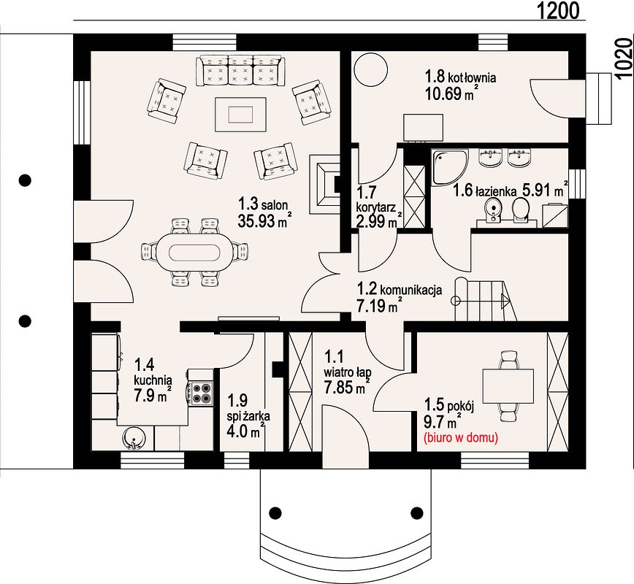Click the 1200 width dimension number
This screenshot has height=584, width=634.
(x=558, y=10)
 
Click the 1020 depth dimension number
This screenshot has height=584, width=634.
(x=624, y=58)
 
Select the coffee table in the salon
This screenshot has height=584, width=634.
(x=241, y=115)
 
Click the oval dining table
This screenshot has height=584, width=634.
(x=194, y=253)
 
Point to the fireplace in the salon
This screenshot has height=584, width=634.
(x=325, y=184)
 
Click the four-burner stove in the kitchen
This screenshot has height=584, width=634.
(x=201, y=393)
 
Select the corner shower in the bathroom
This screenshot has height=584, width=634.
(x=450, y=167)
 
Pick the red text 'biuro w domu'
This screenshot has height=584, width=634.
(x=461, y=438)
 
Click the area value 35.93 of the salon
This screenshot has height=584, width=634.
(x=256, y=221)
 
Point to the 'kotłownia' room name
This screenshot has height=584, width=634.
(x=473, y=77)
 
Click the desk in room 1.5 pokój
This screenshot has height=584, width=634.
(x=508, y=386)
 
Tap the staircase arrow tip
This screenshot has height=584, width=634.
(x=510, y=300)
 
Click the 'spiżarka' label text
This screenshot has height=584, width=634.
(x=248, y=416)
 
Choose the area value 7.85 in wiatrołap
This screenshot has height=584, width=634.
(x=339, y=387)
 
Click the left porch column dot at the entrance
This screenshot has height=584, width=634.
(x=275, y=513)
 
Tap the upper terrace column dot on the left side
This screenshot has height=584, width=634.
(x=25, y=180)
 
